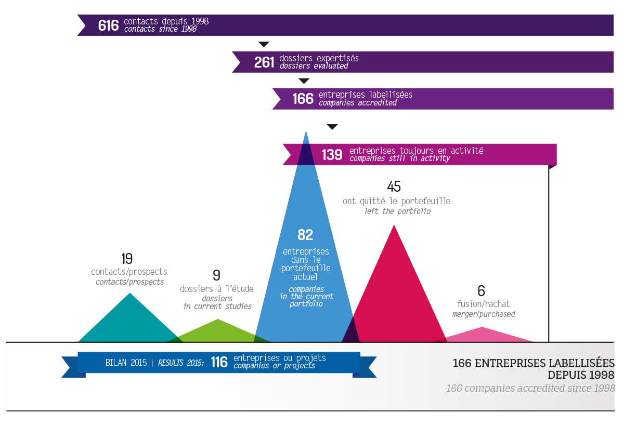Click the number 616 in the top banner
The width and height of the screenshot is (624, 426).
pos(108,25)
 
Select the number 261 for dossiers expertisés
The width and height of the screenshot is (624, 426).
pos(264,62)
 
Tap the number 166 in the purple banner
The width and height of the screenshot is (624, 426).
pos(303,99)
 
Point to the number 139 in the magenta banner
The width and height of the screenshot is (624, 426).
pos(332,155)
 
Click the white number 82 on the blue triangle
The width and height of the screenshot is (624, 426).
pos(305,235)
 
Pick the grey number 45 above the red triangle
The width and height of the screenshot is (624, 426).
pos(394,187)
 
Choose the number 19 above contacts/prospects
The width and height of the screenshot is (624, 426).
pos(127,259)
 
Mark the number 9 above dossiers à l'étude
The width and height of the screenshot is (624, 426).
pos(216,275)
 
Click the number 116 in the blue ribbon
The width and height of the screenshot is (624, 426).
pos(219,362)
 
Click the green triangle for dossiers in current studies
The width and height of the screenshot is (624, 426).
pos(217,332)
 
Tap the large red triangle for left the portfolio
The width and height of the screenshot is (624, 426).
pos(395,291)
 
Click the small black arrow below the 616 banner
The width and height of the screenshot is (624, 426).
pos(264,44)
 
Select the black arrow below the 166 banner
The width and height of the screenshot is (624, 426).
pos(332,127)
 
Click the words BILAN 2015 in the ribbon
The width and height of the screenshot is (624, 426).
pos(126,363)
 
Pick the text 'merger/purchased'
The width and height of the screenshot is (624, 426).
pos(484,314)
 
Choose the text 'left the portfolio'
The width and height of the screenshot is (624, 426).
pos(397,211)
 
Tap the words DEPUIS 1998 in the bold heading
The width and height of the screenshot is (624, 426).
pos(581,375)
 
